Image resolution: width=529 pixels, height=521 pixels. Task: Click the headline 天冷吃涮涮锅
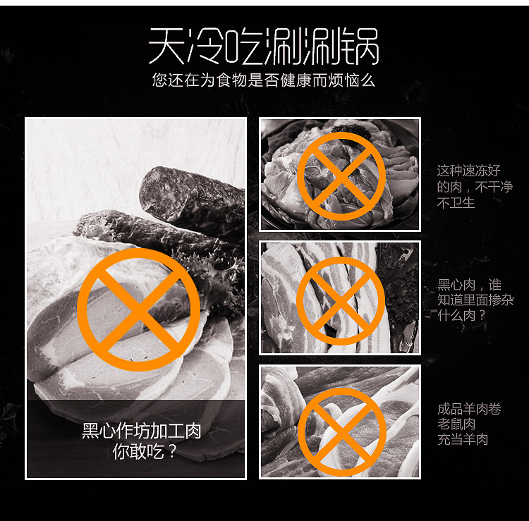[264, 47]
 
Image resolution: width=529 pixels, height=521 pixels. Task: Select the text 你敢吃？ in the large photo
[145, 451]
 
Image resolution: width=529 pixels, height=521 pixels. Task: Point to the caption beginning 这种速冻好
[468, 171]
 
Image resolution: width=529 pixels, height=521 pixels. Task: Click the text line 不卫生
[456, 203]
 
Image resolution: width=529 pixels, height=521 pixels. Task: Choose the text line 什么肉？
[462, 316]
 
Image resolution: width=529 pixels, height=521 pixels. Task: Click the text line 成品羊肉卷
[469, 409]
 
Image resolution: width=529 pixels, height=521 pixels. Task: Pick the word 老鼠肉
[456, 424]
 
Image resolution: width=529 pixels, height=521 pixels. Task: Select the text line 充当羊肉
[463, 440]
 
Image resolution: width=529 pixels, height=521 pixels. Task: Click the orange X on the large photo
[138, 309]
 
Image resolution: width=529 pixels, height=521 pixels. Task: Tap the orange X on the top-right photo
[341, 176]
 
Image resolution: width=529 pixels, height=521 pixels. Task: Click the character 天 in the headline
[166, 47]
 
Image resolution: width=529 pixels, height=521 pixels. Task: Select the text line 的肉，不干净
[473, 187]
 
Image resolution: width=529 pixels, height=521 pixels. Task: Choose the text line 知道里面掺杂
[475, 300]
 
